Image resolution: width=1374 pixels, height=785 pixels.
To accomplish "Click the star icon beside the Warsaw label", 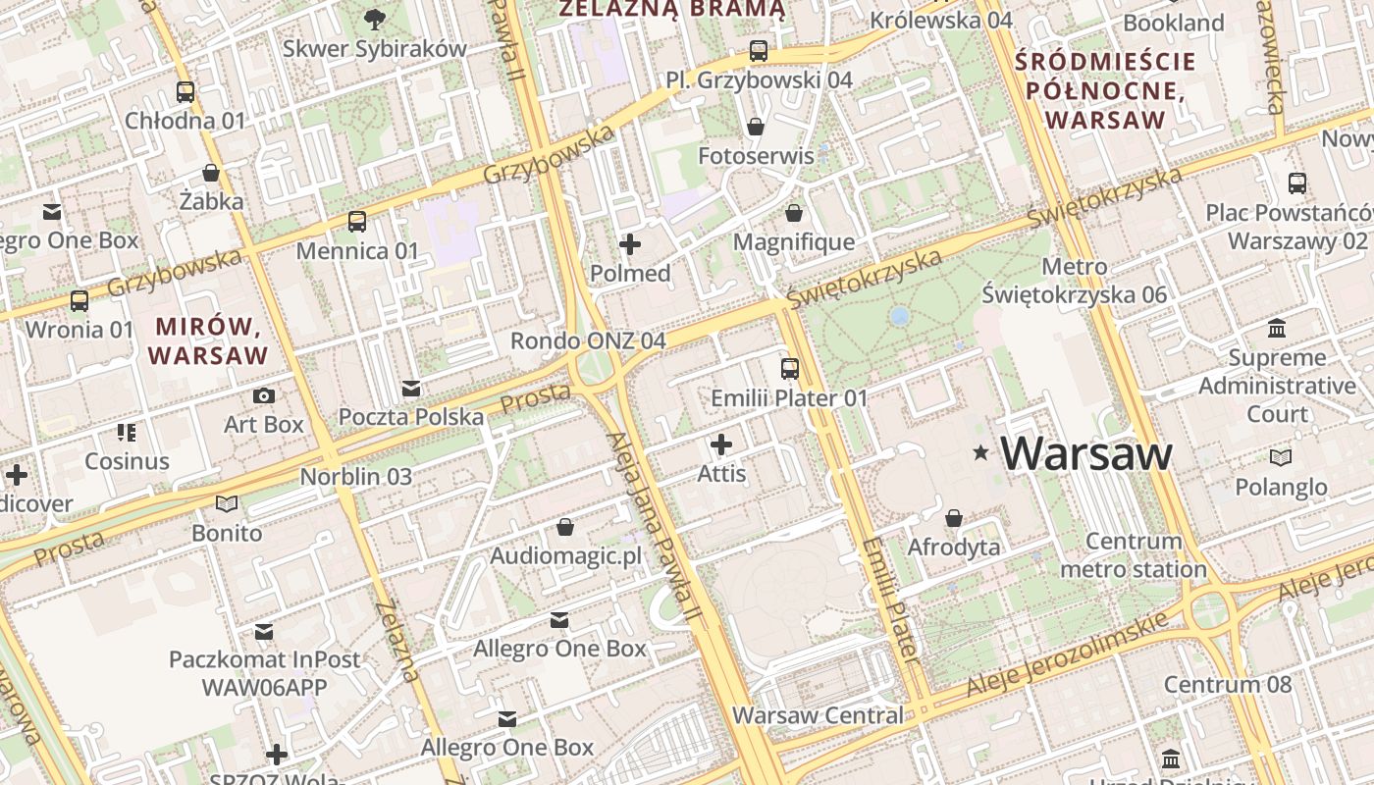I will [979, 452].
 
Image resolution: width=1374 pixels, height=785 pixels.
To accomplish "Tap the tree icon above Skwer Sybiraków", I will [374, 18].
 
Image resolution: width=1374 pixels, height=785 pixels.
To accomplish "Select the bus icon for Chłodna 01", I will [185, 92].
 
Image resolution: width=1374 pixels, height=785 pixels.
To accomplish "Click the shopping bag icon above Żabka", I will [211, 173].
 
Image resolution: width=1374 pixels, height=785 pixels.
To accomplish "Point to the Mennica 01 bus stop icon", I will [357, 222].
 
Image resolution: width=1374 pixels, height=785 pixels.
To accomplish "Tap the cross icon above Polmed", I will [630, 244].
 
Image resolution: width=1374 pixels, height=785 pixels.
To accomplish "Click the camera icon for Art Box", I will [264, 395].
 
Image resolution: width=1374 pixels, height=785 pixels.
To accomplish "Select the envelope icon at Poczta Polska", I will [411, 388].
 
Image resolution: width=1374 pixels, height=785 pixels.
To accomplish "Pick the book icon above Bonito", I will [227, 504].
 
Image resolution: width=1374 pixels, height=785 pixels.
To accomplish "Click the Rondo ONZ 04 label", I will [588, 340].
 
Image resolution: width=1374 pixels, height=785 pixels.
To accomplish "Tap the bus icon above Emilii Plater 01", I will [790, 369].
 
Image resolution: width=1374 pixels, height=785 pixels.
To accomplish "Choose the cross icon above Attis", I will [721, 445].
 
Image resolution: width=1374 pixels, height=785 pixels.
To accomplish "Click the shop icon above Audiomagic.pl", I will [565, 527].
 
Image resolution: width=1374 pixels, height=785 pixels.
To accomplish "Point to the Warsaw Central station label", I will [818, 715].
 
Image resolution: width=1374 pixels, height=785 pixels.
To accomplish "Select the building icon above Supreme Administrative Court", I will [1277, 328].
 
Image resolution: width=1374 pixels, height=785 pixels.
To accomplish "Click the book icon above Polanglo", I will [1281, 457].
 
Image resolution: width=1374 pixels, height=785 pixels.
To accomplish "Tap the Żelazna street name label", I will [398, 640].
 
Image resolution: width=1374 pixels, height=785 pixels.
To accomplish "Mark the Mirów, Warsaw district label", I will [207, 340].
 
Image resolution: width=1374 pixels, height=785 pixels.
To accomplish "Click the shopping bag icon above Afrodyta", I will [954, 517].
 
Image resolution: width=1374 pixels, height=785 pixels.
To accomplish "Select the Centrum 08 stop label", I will [1228, 684].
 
